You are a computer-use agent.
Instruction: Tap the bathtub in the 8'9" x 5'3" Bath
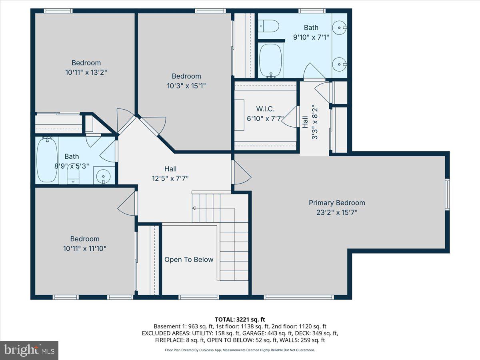[x=47, y=160]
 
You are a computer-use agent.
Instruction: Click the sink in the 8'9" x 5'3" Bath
[x=104, y=175]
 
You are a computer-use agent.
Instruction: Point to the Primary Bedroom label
[x=337, y=203]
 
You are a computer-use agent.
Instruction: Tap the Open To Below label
[x=189, y=260]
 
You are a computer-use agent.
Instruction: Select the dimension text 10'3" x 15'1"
[x=186, y=85]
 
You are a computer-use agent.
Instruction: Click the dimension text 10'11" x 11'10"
[x=85, y=248]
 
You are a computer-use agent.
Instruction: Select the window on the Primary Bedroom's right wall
[x=447, y=194]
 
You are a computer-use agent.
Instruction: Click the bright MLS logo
[x=29, y=350]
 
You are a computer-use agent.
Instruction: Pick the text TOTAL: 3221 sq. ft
[x=240, y=319]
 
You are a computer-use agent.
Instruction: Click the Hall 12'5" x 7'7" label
[x=170, y=173]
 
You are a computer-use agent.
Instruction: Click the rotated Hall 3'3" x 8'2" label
[x=310, y=122]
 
